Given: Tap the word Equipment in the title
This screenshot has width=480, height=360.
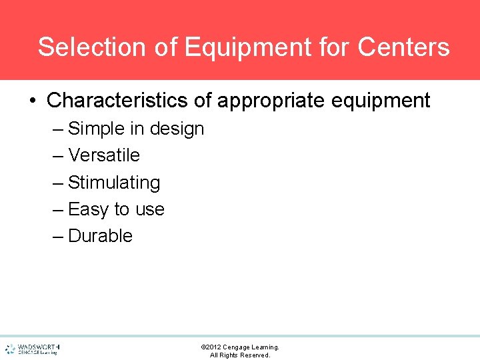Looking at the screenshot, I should (x=247, y=47).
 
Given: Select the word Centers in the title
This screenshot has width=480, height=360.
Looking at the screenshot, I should (x=403, y=47).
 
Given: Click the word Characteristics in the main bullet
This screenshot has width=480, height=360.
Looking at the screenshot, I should (x=117, y=101).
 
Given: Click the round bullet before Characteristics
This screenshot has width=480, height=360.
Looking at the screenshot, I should (x=32, y=101).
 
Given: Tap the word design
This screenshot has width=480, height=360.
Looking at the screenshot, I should (x=177, y=129).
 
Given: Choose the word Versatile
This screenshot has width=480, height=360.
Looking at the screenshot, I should (x=104, y=155).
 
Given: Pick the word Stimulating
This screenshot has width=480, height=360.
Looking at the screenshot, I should (x=114, y=183).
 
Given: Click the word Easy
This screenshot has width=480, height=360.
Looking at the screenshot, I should (x=89, y=209).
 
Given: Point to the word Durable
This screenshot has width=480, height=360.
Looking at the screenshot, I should (x=100, y=236).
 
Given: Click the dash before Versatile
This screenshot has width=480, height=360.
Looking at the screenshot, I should (x=58, y=156).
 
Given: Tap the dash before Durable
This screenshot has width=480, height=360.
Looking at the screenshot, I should (x=58, y=237).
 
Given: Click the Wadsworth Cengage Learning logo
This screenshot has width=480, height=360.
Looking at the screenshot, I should (x=33, y=349).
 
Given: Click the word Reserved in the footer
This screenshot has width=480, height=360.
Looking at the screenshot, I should (x=255, y=355).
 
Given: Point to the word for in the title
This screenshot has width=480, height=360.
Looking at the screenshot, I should (x=333, y=47).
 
